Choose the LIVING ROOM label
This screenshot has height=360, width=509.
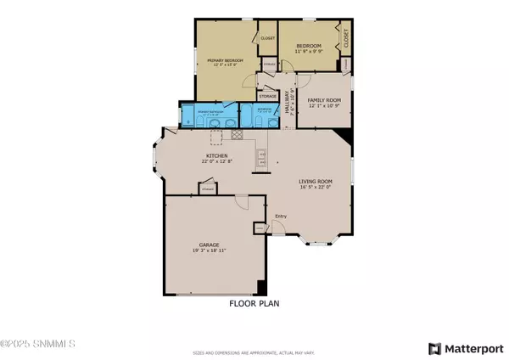pos(314,181)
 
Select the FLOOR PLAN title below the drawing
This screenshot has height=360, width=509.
pos(254,303)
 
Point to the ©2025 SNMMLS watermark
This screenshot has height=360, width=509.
pos(38,344)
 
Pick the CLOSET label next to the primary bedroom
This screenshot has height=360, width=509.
pos(267,38)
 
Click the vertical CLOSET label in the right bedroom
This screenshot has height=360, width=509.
pos(346,38)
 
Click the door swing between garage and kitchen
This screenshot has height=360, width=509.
pos(241,203)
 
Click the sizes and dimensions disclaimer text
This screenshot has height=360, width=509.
pos(254,352)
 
